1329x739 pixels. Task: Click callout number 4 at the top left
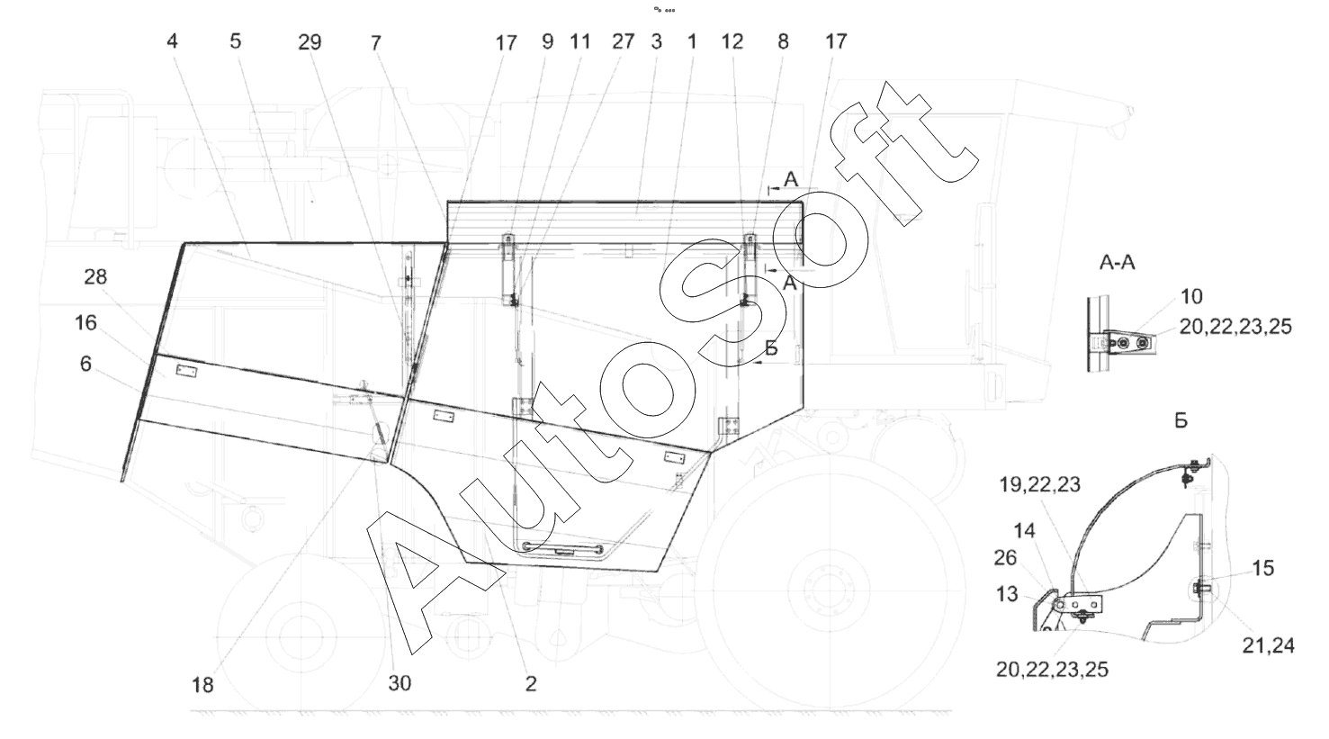point(172,41)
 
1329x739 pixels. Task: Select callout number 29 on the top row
point(310,42)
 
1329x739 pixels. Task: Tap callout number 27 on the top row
point(623,41)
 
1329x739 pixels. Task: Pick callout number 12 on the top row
point(732,41)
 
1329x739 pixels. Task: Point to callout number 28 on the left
point(95,276)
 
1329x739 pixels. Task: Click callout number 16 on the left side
point(85,322)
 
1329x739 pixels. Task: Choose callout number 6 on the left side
point(86,364)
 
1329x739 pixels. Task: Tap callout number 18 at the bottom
point(202,685)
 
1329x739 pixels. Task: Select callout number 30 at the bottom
point(400,683)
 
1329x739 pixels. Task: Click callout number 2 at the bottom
point(530,684)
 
